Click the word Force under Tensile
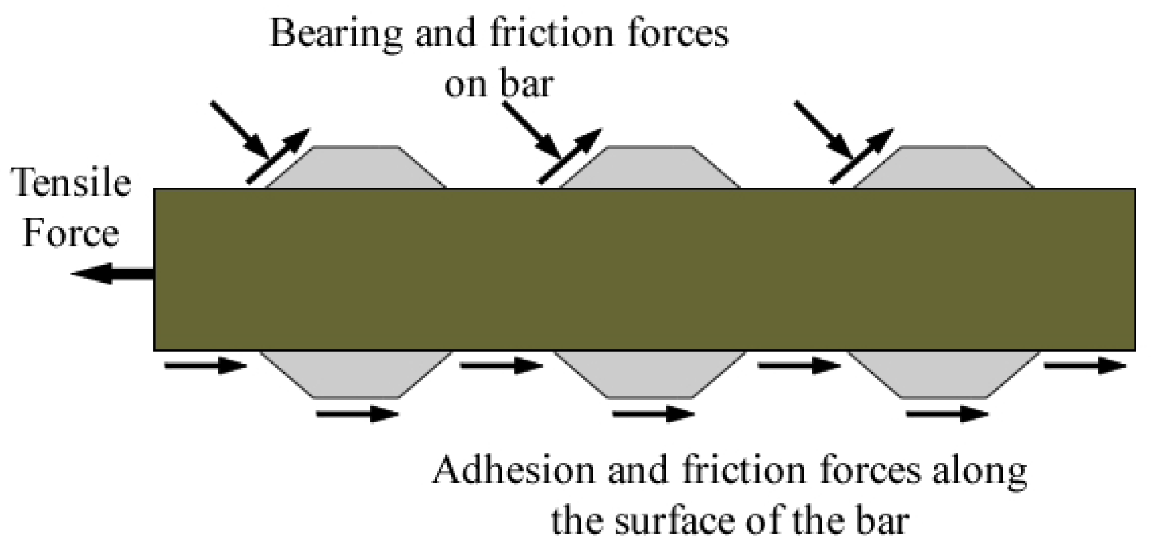click(71, 234)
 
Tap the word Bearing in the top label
click(336, 33)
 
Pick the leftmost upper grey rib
click(357, 168)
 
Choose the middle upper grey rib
click(650, 168)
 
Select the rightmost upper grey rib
click(943, 168)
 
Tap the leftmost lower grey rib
click(357, 373)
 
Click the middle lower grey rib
click(650, 373)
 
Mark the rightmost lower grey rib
click(944, 373)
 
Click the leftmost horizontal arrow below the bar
click(205, 365)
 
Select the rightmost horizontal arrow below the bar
click(1085, 365)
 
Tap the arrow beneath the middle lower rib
click(653, 414)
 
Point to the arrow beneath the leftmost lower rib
click(357, 414)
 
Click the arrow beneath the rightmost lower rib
click(947, 414)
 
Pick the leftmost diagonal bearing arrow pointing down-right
click(239, 130)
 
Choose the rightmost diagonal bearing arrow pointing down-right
click(823, 130)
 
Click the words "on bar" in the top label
click(499, 84)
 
